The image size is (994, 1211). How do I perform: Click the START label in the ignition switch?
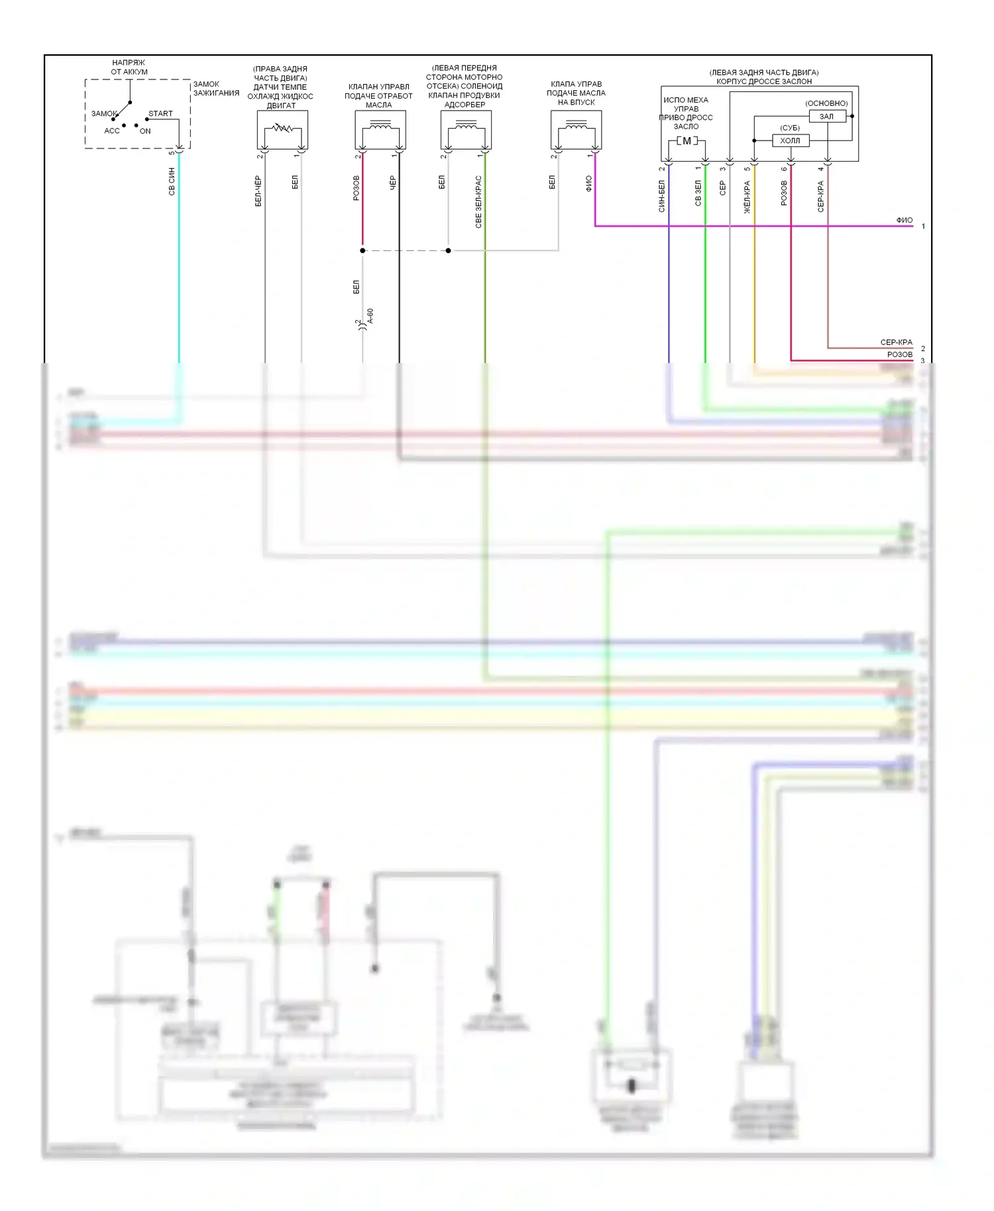[x=160, y=113]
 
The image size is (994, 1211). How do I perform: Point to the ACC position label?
[x=112, y=131]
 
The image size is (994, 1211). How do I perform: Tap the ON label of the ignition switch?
[x=145, y=131]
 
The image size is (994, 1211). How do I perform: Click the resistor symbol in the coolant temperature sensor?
[x=282, y=127]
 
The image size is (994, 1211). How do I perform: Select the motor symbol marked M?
[x=687, y=141]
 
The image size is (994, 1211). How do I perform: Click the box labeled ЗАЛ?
[x=827, y=117]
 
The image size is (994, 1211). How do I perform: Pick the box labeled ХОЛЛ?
[x=790, y=140]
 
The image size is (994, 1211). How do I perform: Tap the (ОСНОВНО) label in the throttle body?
[x=826, y=103]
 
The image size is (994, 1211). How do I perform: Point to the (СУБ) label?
[x=789, y=128]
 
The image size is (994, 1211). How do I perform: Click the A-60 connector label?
[x=370, y=316]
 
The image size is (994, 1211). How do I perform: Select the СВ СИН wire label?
[x=172, y=182]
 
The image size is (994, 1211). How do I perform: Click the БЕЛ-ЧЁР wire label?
[x=258, y=191]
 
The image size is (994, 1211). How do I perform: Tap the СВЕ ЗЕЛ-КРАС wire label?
[x=478, y=202]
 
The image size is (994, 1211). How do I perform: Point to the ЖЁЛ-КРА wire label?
[x=747, y=197]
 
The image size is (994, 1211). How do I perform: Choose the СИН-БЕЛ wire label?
[x=661, y=196]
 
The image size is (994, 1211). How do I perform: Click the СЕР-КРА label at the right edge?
[x=896, y=342]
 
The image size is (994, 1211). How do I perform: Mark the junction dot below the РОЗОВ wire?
[x=362, y=250]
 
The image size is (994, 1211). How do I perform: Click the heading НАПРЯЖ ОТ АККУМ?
[x=129, y=67]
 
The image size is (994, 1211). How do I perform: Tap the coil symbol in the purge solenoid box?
[x=466, y=125]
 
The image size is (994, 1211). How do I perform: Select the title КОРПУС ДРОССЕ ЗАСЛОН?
[x=763, y=81]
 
